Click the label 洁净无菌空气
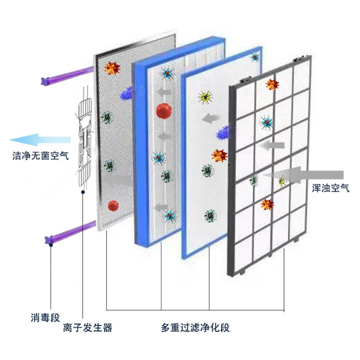[40, 156]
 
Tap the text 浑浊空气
[330, 188]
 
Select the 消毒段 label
[45, 317]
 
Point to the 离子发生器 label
[88, 327]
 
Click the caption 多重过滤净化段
[195, 327]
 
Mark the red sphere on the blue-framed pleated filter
[164, 110]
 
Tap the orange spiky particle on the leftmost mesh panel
[112, 68]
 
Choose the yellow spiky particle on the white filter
[205, 98]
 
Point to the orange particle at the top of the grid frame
[272, 84]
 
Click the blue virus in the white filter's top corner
[255, 57]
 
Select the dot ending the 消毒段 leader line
[51, 245]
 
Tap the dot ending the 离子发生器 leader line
[82, 192]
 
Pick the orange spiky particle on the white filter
[219, 156]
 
